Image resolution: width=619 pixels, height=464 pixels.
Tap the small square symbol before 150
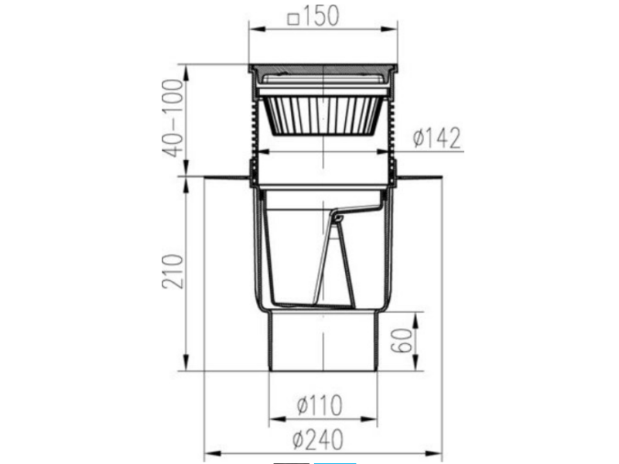tap(293, 19)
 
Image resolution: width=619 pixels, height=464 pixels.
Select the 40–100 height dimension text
tap(173, 118)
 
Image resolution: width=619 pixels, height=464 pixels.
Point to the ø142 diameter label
tap(437, 138)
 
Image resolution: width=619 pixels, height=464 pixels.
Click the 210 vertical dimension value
tap(173, 271)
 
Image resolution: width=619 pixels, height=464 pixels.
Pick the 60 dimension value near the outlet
tap(402, 341)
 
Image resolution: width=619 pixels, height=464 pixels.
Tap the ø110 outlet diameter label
tap(320, 405)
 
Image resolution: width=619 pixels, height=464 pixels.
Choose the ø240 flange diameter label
tap(318, 439)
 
